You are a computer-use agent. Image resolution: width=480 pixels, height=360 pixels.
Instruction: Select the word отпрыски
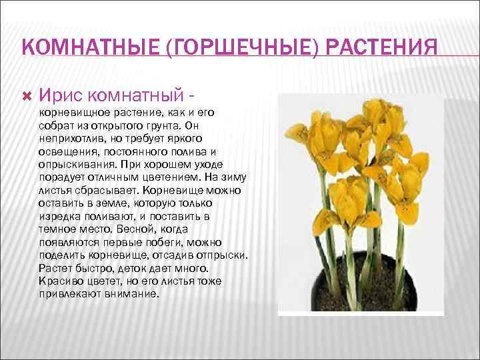220,255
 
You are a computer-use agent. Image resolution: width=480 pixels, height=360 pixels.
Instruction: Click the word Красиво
59,281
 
